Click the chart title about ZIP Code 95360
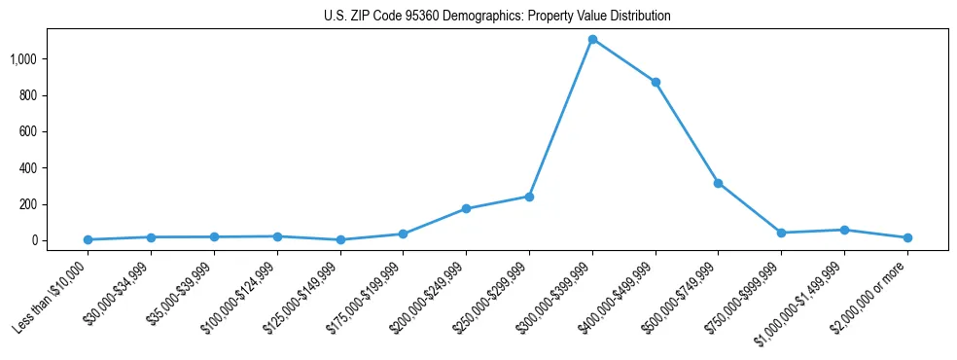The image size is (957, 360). click(x=497, y=17)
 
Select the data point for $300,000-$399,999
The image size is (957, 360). click(x=592, y=40)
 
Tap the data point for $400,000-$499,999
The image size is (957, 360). click(x=656, y=82)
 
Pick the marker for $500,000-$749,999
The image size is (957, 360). click(x=718, y=183)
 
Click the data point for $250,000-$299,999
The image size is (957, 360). click(x=529, y=197)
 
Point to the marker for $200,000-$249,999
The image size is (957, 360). click(x=466, y=208)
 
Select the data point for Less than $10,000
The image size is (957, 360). click(x=88, y=239)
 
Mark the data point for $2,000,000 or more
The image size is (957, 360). click(x=907, y=237)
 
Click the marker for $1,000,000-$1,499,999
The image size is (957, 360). click(x=844, y=230)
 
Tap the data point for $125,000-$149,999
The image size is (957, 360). click(x=340, y=239)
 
